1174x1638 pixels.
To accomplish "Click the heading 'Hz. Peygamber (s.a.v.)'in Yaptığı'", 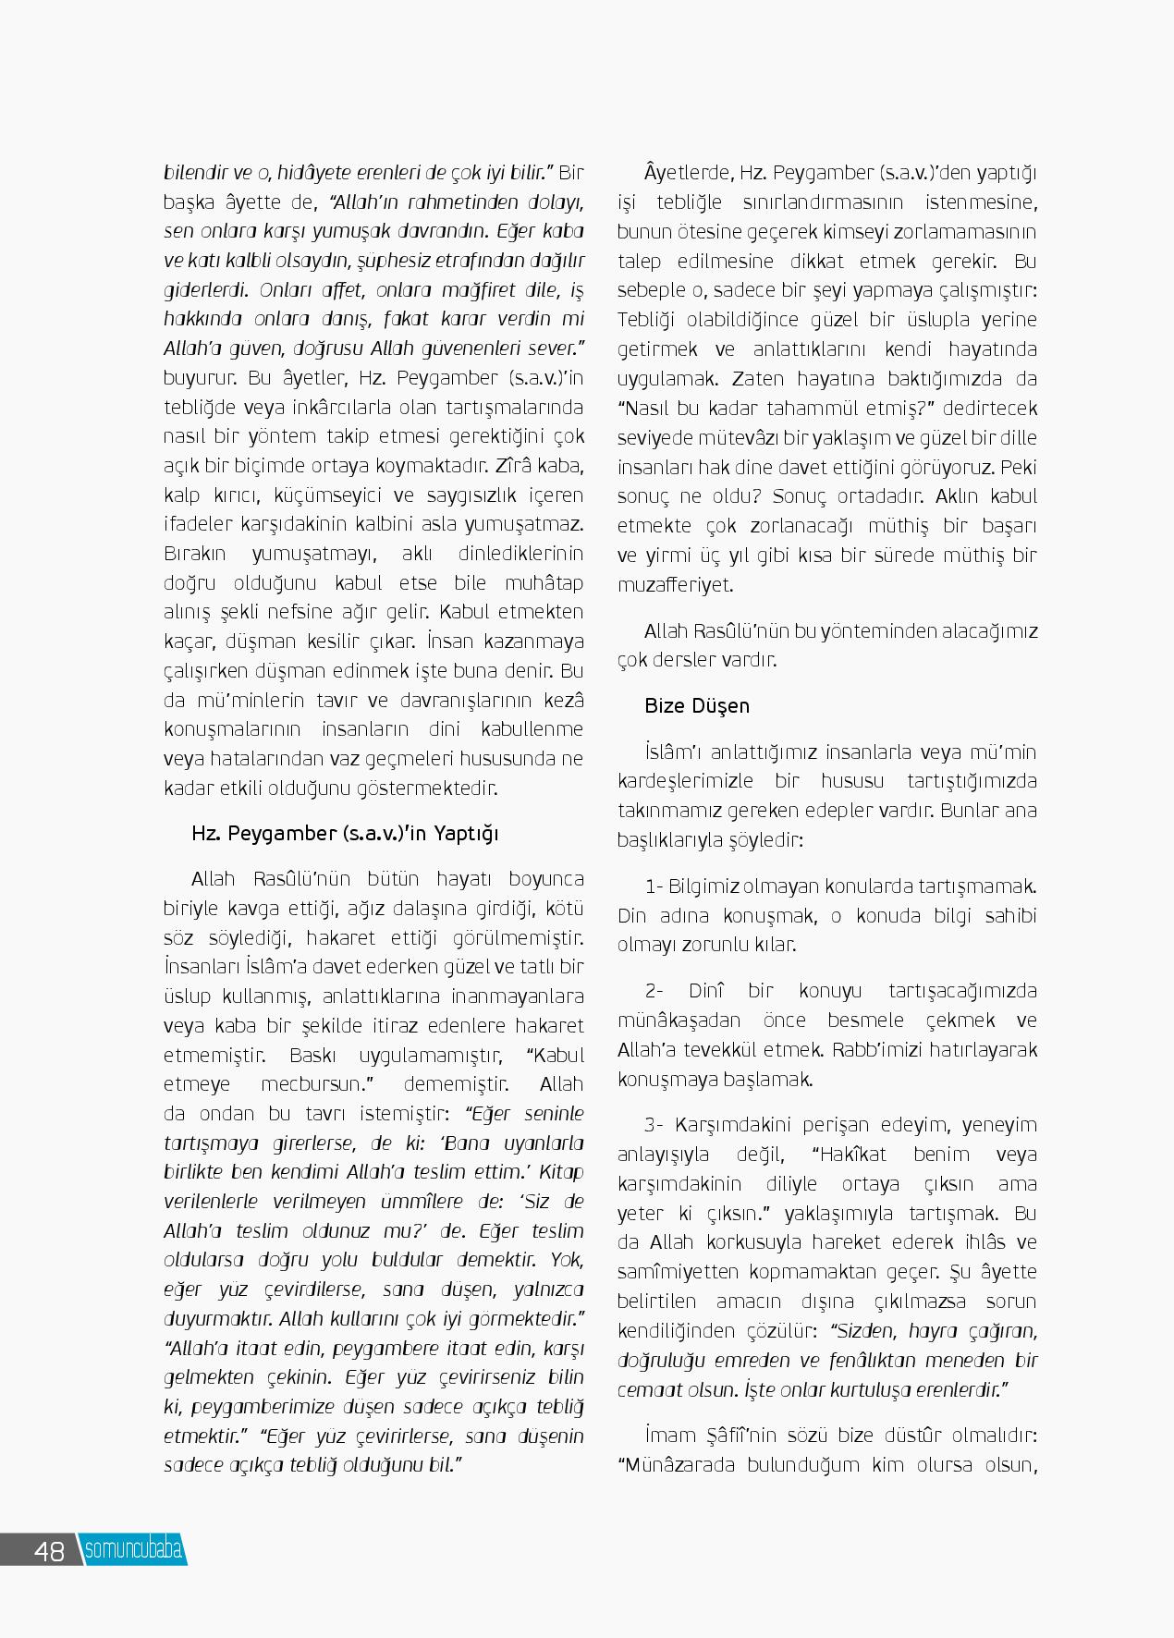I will tap(345, 834).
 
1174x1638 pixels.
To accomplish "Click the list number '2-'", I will tap(654, 992).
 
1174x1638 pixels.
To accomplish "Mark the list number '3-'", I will tap(654, 1126).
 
